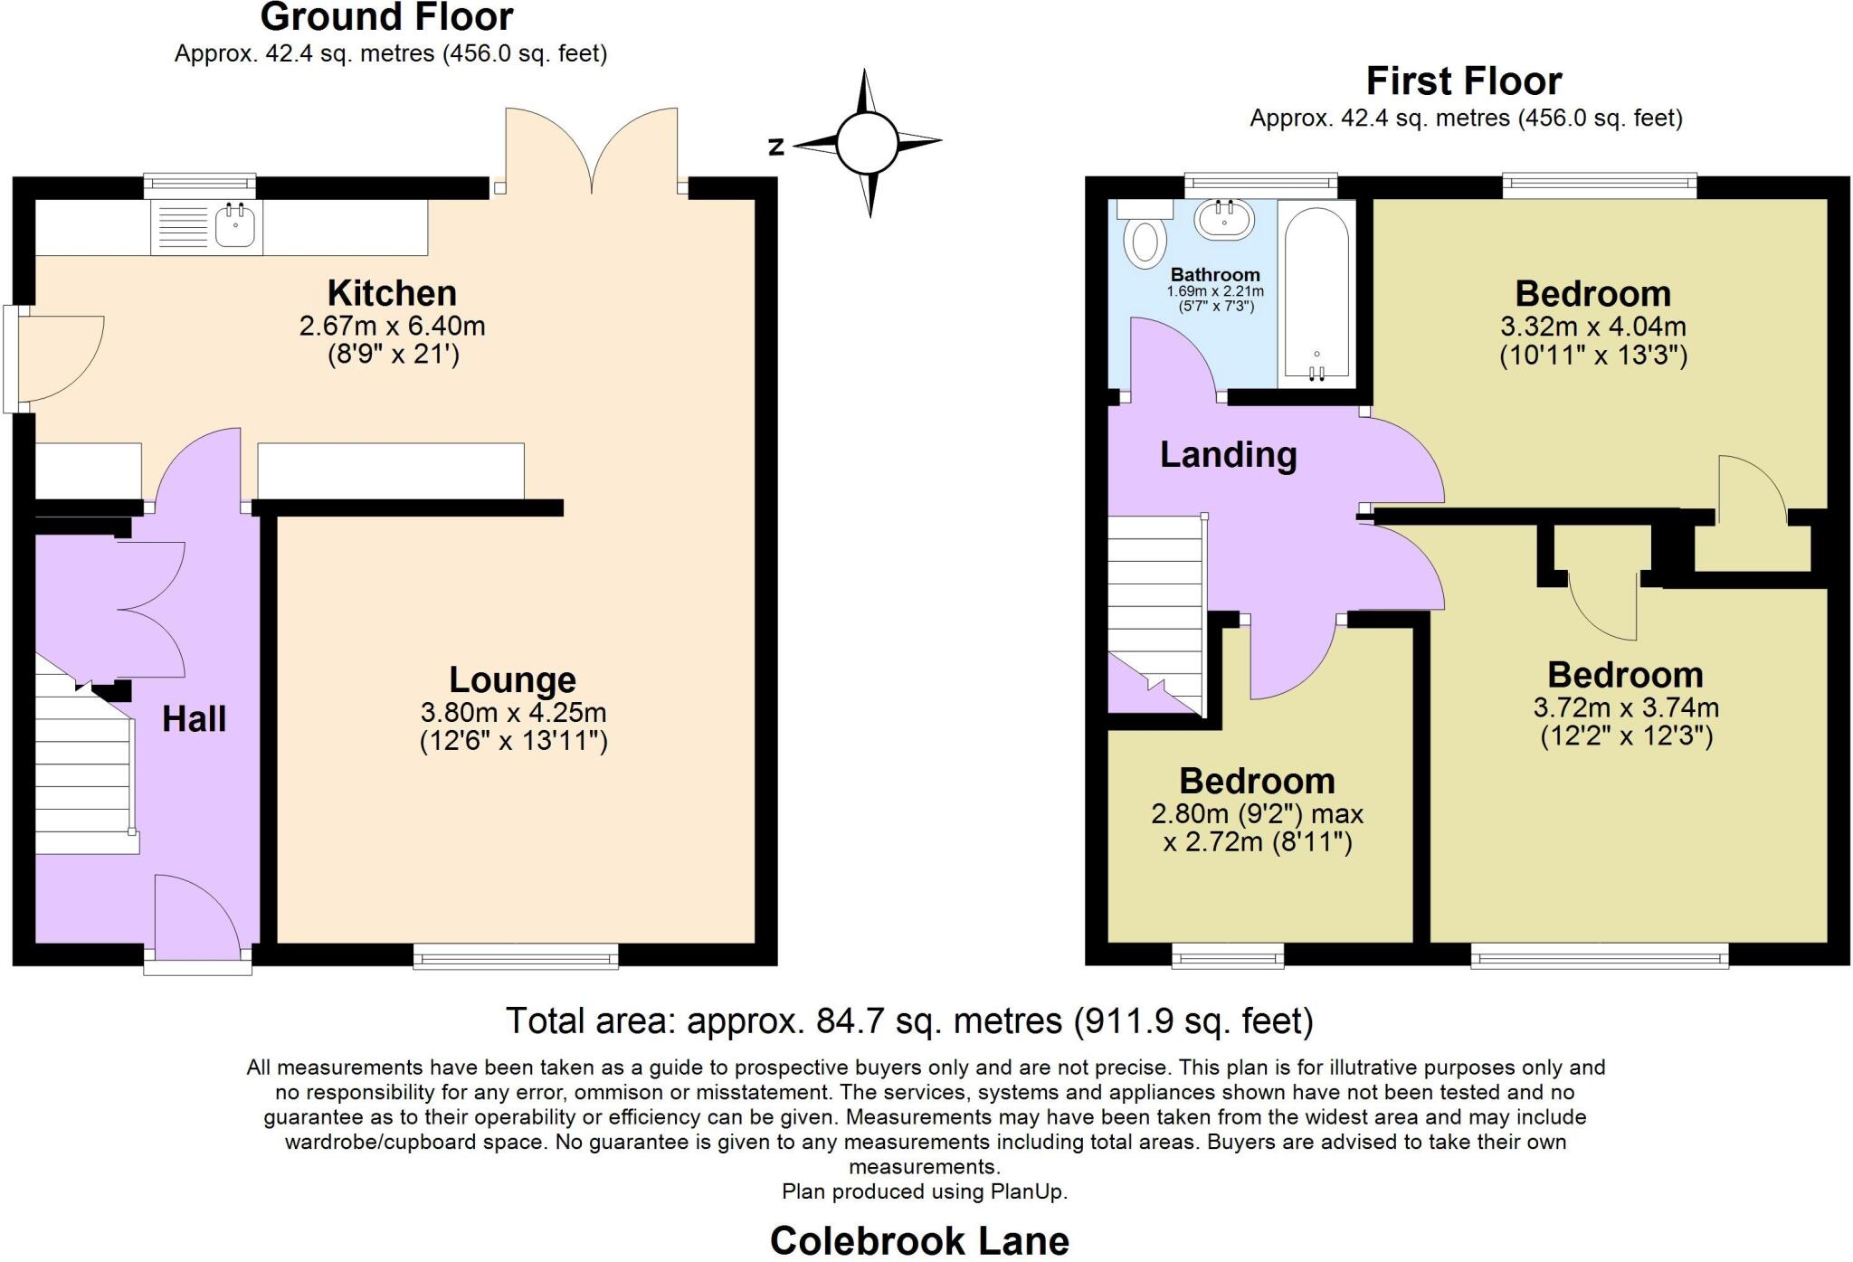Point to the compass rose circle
(867, 143)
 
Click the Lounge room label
(512, 680)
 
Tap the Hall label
(194, 720)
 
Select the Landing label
(1228, 455)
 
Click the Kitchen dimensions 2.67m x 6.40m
(392, 326)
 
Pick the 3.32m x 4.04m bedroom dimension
(1592, 327)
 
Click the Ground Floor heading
(386, 17)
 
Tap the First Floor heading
(1463, 81)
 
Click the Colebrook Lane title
(918, 1241)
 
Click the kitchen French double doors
(591, 149)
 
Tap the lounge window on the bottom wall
(516, 955)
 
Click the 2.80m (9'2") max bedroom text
(1257, 814)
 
